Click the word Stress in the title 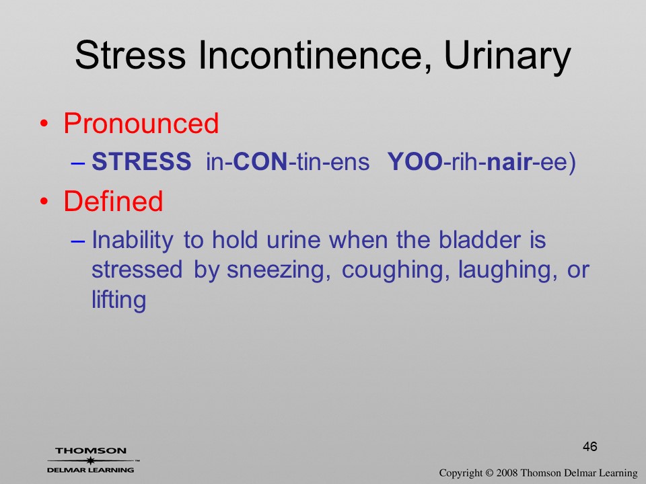coord(130,54)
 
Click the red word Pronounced coord(141,123)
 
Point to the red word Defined coord(113,201)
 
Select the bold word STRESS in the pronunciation coord(141,161)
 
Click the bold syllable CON coord(260,161)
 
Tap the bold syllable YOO coord(415,161)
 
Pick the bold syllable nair coord(509,162)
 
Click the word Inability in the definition coord(133,241)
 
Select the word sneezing coord(279,271)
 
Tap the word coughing coord(396,271)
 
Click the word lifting coord(118,300)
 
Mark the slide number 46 coord(590,446)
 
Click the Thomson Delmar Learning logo coord(91,460)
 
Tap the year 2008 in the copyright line coord(506,473)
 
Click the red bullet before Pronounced coord(44,124)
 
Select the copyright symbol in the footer coord(489,473)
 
